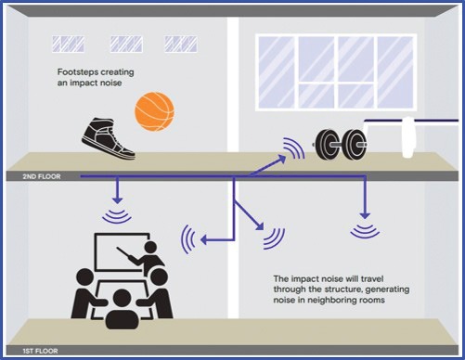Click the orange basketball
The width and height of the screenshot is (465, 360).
point(154,110)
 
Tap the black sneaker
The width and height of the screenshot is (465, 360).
point(107,135)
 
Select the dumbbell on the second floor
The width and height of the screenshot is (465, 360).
point(340,141)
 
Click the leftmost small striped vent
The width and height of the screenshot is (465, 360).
point(67,43)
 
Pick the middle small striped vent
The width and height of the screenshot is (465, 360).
point(125,43)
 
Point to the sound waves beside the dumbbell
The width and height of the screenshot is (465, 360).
point(293,148)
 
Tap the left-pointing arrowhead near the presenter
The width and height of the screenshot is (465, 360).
point(203,241)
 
